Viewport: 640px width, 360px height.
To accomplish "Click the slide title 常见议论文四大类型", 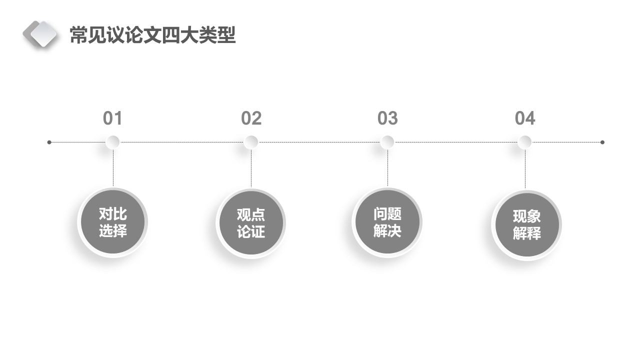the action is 152,35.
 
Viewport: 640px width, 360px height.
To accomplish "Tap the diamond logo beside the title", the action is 40,34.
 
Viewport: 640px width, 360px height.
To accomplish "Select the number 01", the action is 112,118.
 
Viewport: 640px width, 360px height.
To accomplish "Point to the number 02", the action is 251,118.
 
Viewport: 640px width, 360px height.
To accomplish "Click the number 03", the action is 387,118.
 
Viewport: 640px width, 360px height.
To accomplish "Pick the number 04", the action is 525,118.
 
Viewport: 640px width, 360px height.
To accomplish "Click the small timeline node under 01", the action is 113,142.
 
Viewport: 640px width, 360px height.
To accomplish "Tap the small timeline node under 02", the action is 251,142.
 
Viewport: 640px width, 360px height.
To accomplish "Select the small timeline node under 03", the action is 387,142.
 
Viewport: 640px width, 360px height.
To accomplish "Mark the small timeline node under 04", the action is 525,142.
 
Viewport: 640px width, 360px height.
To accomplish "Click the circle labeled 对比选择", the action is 113,222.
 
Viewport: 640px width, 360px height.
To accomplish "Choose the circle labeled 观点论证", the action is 251,223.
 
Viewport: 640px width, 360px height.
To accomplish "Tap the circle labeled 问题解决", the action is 387,222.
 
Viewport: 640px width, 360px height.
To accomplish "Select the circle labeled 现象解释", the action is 526,225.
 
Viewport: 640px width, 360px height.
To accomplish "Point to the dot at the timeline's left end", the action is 49,142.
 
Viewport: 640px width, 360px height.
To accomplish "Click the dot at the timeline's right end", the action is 602,142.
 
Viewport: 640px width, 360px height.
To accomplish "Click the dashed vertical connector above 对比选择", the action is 113,167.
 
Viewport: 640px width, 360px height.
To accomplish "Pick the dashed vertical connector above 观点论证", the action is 251,168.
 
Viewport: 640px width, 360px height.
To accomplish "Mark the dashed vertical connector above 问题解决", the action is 387,167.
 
